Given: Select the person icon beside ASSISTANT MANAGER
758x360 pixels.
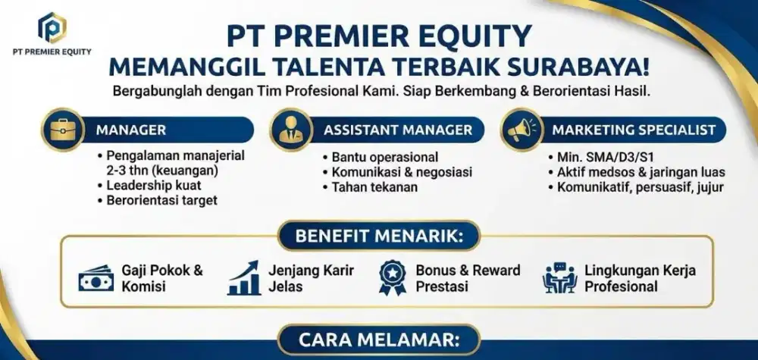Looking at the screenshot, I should (291, 130).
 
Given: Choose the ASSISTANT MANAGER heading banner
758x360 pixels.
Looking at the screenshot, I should (398, 130).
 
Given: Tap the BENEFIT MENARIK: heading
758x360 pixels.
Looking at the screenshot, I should (378, 236).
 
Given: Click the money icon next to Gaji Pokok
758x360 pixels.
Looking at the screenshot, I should (96, 279).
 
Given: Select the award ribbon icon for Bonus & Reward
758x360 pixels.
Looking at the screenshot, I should (392, 278).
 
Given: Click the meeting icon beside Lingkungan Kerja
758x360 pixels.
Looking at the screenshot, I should (559, 278).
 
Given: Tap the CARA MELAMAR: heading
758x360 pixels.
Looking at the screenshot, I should (378, 340).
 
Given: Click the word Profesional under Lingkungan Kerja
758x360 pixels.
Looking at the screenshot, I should (621, 286).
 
